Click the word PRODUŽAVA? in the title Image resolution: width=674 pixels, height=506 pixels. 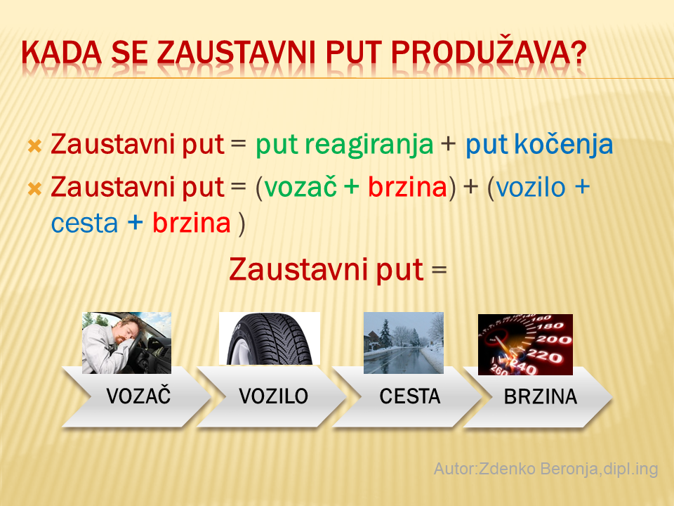[489, 53]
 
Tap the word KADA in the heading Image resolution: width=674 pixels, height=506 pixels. [62, 54]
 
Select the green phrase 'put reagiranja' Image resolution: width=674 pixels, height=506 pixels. [344, 145]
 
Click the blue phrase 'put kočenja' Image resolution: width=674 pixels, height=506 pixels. [539, 145]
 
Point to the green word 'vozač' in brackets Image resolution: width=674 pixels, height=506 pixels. [300, 188]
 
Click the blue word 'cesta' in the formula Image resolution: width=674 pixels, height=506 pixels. [84, 223]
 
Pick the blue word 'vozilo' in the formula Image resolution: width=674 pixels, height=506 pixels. [531, 188]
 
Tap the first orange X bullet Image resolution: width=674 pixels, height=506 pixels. [34, 146]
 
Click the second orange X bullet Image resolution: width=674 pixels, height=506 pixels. [34, 189]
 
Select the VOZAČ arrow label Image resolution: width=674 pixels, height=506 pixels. [138, 396]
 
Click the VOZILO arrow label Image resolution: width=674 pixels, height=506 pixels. [273, 396]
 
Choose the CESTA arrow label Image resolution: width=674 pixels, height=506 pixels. [409, 396]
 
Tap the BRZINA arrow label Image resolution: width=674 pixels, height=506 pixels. [541, 396]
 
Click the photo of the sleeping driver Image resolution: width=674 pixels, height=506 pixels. [127, 342]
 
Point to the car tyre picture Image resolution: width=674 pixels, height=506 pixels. [270, 339]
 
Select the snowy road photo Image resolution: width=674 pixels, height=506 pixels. [404, 342]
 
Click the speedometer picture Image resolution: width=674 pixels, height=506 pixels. [525, 344]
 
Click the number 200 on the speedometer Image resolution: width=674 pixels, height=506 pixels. [554, 340]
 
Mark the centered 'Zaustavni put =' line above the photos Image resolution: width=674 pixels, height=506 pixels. [338, 270]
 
